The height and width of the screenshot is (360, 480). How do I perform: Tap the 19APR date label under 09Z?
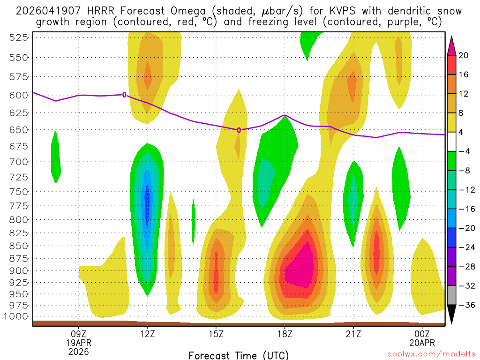click(x=78, y=342)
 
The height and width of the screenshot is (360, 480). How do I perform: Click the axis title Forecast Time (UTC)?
click(x=239, y=355)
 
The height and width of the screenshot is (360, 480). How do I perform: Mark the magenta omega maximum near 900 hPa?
click(x=300, y=270)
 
